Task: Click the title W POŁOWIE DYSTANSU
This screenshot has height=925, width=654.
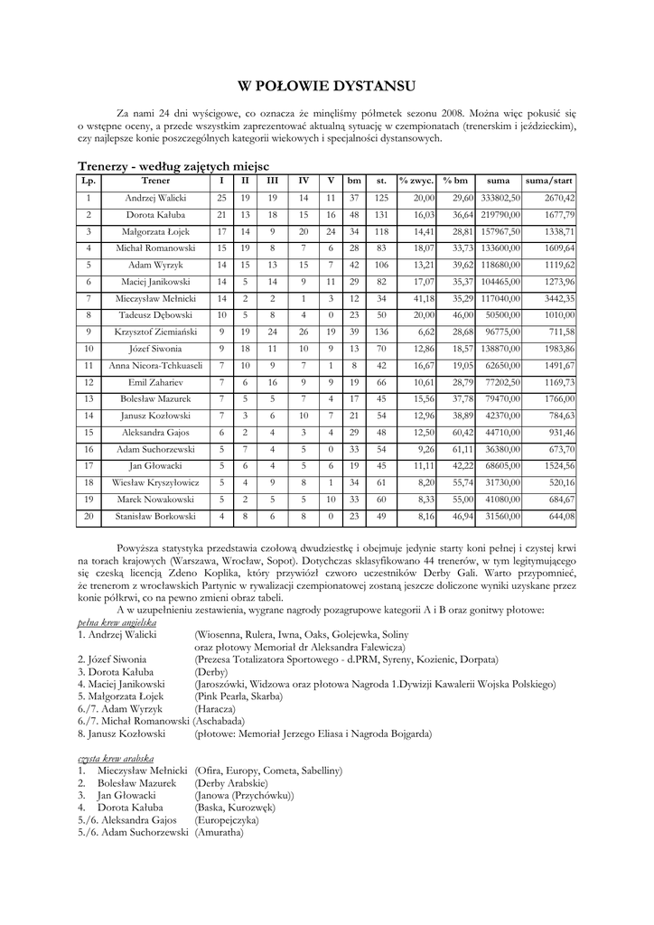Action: click(x=326, y=87)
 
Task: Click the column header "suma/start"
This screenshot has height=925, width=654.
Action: click(x=549, y=181)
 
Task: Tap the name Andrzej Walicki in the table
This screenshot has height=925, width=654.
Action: click(x=155, y=198)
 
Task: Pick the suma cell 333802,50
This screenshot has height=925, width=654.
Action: click(x=500, y=198)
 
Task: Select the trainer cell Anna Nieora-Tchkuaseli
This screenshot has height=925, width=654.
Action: click(x=155, y=366)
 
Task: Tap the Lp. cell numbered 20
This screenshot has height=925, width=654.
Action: click(x=89, y=516)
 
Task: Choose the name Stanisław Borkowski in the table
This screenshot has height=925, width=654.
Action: click(x=155, y=516)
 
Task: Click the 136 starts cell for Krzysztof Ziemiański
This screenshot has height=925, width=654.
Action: click(x=381, y=332)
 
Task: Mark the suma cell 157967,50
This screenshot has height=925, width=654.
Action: click(x=500, y=231)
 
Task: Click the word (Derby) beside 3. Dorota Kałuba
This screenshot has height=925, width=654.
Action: click(x=210, y=672)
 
